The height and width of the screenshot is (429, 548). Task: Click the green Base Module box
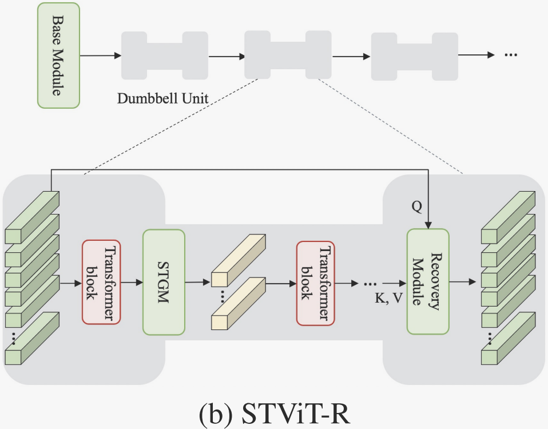[58, 55]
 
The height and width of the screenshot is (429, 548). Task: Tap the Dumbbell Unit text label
[162, 98]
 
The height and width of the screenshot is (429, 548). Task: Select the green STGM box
[164, 282]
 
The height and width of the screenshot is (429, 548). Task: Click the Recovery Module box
[428, 281]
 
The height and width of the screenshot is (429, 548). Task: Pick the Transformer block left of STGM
[101, 283]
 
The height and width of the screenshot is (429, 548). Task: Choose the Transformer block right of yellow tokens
[315, 283]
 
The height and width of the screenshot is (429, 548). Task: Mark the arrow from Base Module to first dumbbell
[100, 55]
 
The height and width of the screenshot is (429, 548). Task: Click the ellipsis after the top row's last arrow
[510, 55]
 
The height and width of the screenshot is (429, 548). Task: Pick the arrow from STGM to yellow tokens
[197, 282]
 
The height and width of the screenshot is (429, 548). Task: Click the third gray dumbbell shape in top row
[414, 55]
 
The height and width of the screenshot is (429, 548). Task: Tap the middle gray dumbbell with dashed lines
[288, 55]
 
